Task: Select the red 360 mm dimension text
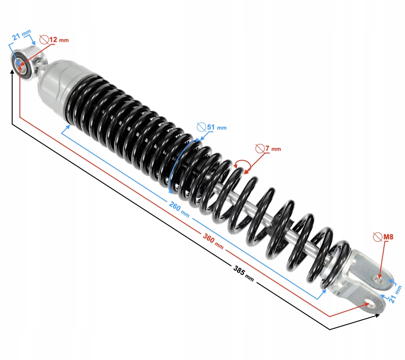pyautogui.click(x=213, y=241)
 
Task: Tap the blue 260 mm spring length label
pyautogui.click(x=179, y=209)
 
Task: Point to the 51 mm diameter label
pyautogui.click(x=217, y=127)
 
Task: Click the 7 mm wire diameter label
pyautogui.click(x=273, y=148)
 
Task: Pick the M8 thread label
pyautogui.click(x=388, y=237)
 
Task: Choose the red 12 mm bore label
pyautogui.click(x=59, y=40)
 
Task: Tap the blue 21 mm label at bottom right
pyautogui.click(x=396, y=294)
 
